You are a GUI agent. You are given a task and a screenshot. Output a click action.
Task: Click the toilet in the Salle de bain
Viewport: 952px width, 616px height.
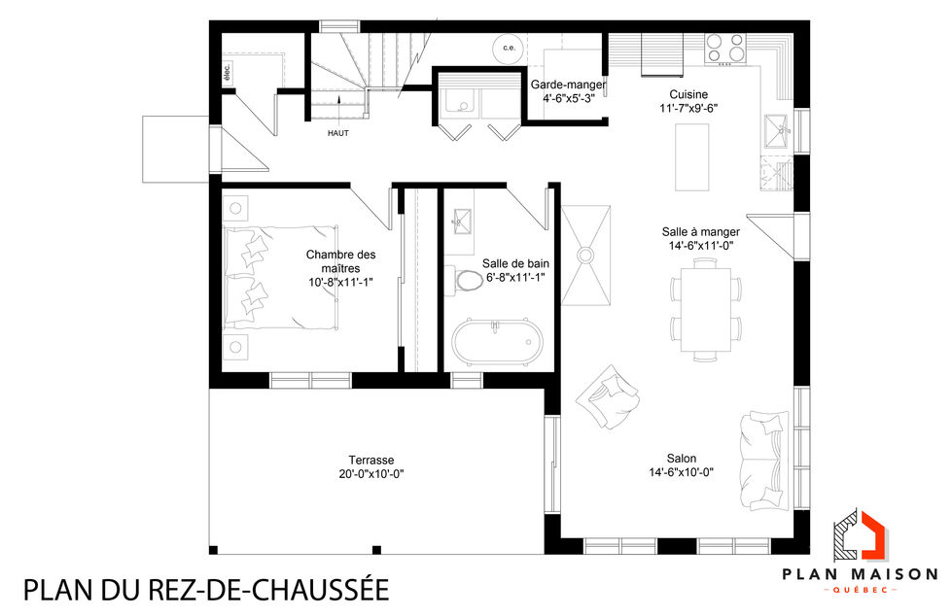[469, 281]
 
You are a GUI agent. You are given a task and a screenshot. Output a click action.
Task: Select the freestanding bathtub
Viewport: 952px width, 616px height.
[495, 343]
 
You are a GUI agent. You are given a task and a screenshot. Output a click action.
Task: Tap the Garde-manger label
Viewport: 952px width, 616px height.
[568, 85]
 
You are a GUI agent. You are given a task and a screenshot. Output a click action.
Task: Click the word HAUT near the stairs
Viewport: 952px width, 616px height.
[338, 133]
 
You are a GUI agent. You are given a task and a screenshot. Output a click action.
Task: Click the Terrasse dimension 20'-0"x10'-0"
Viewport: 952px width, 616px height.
[370, 474]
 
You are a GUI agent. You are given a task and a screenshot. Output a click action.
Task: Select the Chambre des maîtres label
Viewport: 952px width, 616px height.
[340, 261]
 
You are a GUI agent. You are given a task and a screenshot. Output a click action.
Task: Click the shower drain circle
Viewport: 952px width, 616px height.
[586, 254]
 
